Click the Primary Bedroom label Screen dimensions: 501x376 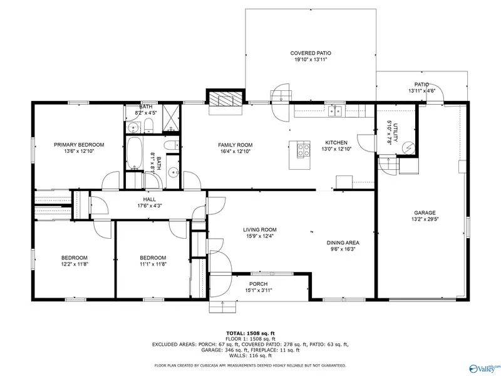(x=79, y=145)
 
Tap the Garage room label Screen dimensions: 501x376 (x=425, y=212)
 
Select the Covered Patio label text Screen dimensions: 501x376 (x=311, y=53)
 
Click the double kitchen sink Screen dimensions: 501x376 (x=335, y=111)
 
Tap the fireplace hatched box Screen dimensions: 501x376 (x=225, y=98)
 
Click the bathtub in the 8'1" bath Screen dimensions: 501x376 (x=134, y=153)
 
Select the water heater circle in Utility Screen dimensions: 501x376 (x=408, y=147)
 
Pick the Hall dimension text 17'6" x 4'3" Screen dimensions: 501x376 (x=150, y=206)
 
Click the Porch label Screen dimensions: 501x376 (x=259, y=284)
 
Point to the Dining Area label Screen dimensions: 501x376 (x=343, y=243)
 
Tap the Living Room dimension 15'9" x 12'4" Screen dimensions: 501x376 (x=260, y=236)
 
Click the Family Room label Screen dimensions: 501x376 (x=235, y=145)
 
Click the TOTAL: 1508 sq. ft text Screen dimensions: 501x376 (x=250, y=333)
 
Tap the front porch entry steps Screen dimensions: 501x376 (x=223, y=306)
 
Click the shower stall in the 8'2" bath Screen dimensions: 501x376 (x=171, y=118)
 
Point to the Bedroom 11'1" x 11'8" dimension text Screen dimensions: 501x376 (x=153, y=264)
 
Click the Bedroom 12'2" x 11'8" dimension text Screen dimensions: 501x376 (x=75, y=264)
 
